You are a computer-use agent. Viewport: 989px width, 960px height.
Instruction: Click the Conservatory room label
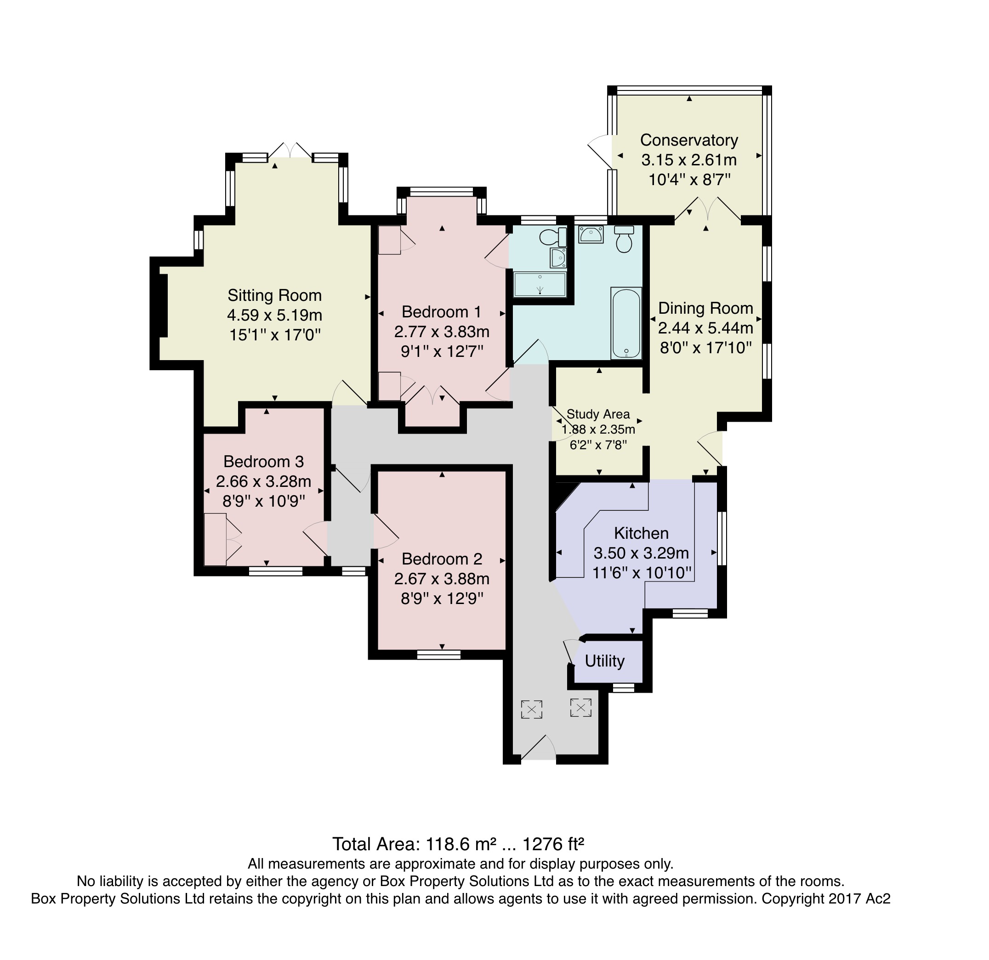pyautogui.click(x=689, y=140)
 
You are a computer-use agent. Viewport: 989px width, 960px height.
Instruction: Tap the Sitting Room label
pyautogui.click(x=274, y=295)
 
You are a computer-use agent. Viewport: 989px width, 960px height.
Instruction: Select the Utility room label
pyautogui.click(x=604, y=661)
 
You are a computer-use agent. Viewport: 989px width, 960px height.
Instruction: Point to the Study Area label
pyautogui.click(x=598, y=414)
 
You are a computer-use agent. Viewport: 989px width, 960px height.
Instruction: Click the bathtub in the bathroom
pyautogui.click(x=625, y=323)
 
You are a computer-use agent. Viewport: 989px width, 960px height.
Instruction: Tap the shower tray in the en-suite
pyautogui.click(x=540, y=284)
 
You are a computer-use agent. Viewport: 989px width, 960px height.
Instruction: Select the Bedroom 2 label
pyautogui.click(x=442, y=559)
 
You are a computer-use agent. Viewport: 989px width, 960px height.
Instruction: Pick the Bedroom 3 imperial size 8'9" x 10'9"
pyautogui.click(x=263, y=501)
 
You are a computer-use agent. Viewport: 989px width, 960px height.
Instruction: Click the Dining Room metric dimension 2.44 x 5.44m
pyautogui.click(x=705, y=328)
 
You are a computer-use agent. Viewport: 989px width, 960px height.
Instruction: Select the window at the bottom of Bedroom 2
pyautogui.click(x=439, y=655)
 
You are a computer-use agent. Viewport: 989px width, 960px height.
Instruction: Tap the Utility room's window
pyautogui.click(x=623, y=688)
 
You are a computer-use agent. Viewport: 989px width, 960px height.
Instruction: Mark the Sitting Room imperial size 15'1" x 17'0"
pyautogui.click(x=275, y=335)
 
